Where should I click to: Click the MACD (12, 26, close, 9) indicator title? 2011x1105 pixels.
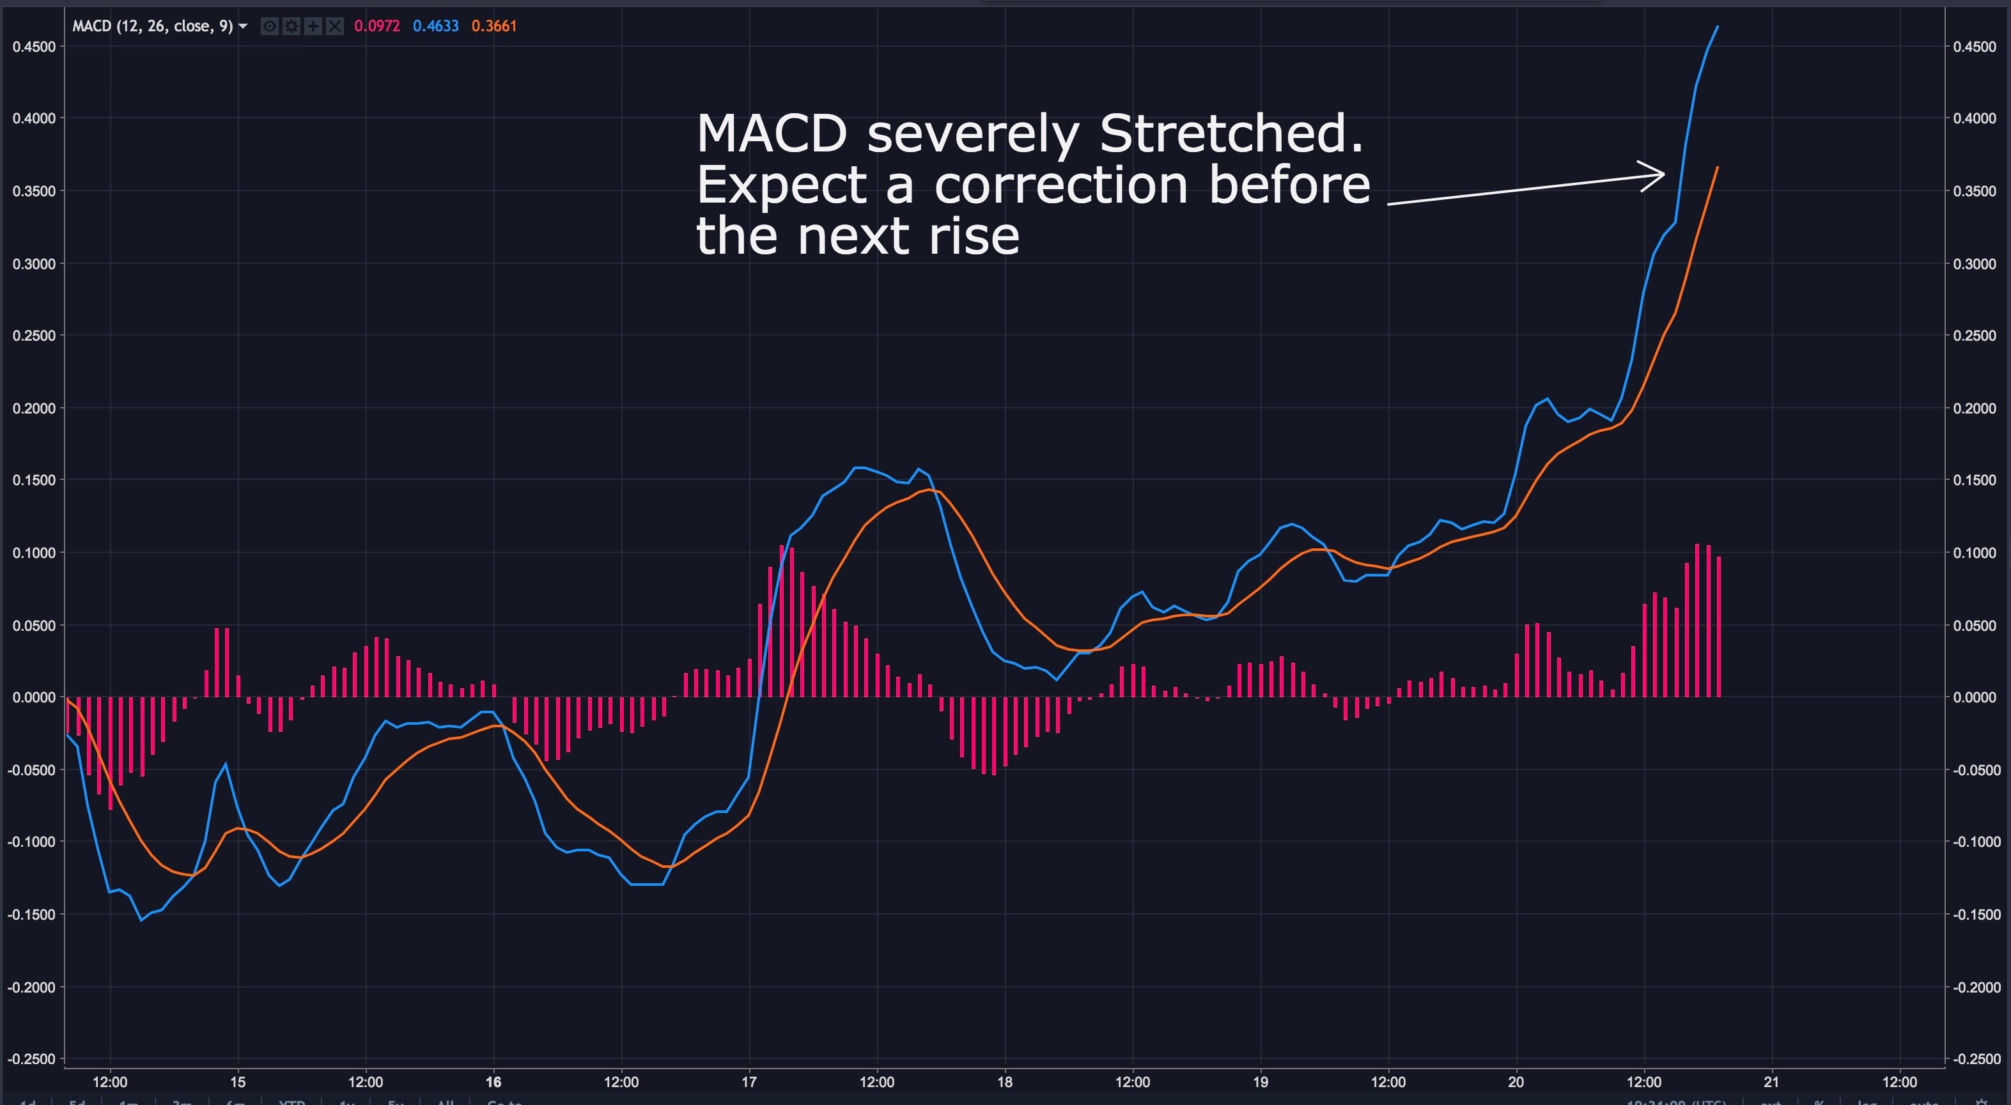tap(152, 26)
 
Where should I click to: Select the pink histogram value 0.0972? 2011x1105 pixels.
tap(377, 26)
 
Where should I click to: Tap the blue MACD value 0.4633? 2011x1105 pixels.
tap(435, 26)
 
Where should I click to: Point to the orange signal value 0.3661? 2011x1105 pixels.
tap(494, 26)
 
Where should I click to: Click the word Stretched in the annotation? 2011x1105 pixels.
tap(1231, 134)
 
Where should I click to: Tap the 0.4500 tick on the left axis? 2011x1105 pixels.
tap(34, 47)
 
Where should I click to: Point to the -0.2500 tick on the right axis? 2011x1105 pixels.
tap(1975, 1059)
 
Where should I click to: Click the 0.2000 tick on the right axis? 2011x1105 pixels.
tap(1975, 408)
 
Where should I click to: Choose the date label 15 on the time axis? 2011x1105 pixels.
tap(237, 1081)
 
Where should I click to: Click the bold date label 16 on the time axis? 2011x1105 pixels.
tap(493, 1081)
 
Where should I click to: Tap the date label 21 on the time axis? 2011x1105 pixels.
tap(1771, 1081)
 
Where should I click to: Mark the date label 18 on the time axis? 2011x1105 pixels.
tap(1005, 1081)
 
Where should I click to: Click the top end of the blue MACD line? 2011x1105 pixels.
tap(1718, 27)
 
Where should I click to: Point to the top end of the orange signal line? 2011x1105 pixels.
tap(1718, 167)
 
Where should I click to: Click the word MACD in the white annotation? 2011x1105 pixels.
tap(772, 134)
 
